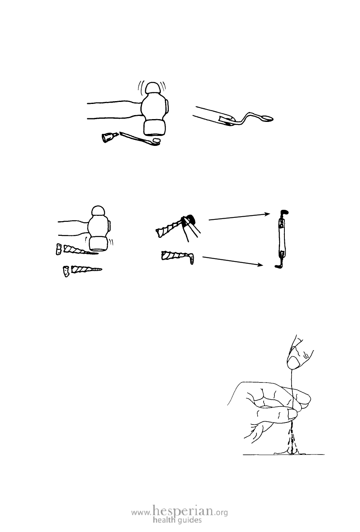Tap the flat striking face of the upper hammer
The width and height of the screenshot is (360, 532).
[x=154, y=128]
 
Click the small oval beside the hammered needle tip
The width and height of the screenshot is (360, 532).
[x=157, y=140]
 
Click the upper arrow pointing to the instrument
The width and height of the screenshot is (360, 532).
[x=239, y=217]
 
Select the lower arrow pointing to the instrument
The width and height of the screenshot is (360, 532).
[x=233, y=261]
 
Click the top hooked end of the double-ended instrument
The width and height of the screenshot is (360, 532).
[x=284, y=212]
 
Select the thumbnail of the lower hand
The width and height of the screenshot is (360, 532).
[x=292, y=414]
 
